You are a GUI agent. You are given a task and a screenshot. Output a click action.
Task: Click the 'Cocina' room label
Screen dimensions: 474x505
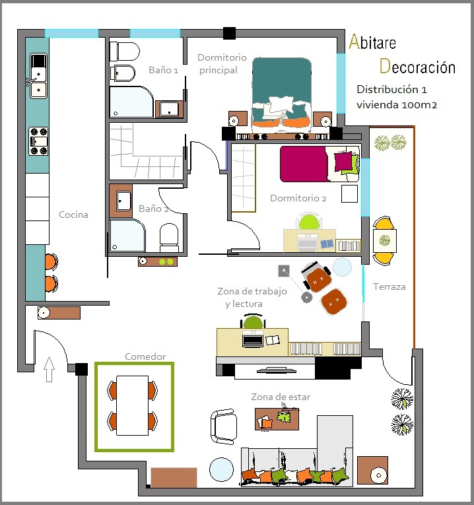73,215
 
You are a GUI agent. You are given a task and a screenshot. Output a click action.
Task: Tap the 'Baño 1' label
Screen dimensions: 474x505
163,70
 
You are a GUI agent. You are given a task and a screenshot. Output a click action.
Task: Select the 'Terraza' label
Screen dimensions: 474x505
389,286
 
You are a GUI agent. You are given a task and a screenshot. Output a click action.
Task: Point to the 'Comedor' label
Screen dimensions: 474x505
145,356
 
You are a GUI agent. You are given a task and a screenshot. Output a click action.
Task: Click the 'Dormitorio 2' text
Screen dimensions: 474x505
298,198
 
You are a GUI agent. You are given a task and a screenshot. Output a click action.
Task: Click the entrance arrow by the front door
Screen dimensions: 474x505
49,369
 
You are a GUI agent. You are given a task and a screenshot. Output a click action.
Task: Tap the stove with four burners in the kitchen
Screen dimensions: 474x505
38,141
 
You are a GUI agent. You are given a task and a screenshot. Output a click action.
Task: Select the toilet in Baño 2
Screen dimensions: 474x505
169,238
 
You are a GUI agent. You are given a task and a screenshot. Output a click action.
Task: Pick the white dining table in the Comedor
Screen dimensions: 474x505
132,405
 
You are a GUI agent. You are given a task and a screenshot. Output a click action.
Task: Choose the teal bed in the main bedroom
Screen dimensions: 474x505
282,95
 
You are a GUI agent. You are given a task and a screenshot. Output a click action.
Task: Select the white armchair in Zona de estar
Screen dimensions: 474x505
224,426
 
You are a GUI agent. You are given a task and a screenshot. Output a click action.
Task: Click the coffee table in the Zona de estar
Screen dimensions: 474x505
277,419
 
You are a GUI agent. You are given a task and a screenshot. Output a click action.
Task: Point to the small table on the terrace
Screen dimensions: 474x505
385,240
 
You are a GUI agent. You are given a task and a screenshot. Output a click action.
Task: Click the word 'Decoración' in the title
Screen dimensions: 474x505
417,67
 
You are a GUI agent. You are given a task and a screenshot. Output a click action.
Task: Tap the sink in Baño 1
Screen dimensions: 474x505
170,108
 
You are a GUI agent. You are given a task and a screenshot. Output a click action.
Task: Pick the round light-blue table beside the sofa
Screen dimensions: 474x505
222,469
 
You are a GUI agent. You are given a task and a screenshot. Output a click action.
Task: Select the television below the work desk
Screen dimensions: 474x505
277,370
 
